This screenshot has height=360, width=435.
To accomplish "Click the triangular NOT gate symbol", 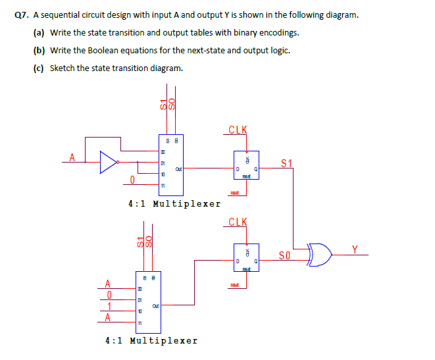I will coord(109,161).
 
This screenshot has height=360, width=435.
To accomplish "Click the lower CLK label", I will coord(238,222).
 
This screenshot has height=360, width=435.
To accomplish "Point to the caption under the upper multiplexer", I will coord(174,203).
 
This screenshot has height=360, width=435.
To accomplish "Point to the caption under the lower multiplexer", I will coord(151,340).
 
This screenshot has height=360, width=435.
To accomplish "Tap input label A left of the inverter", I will coord(72,156).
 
